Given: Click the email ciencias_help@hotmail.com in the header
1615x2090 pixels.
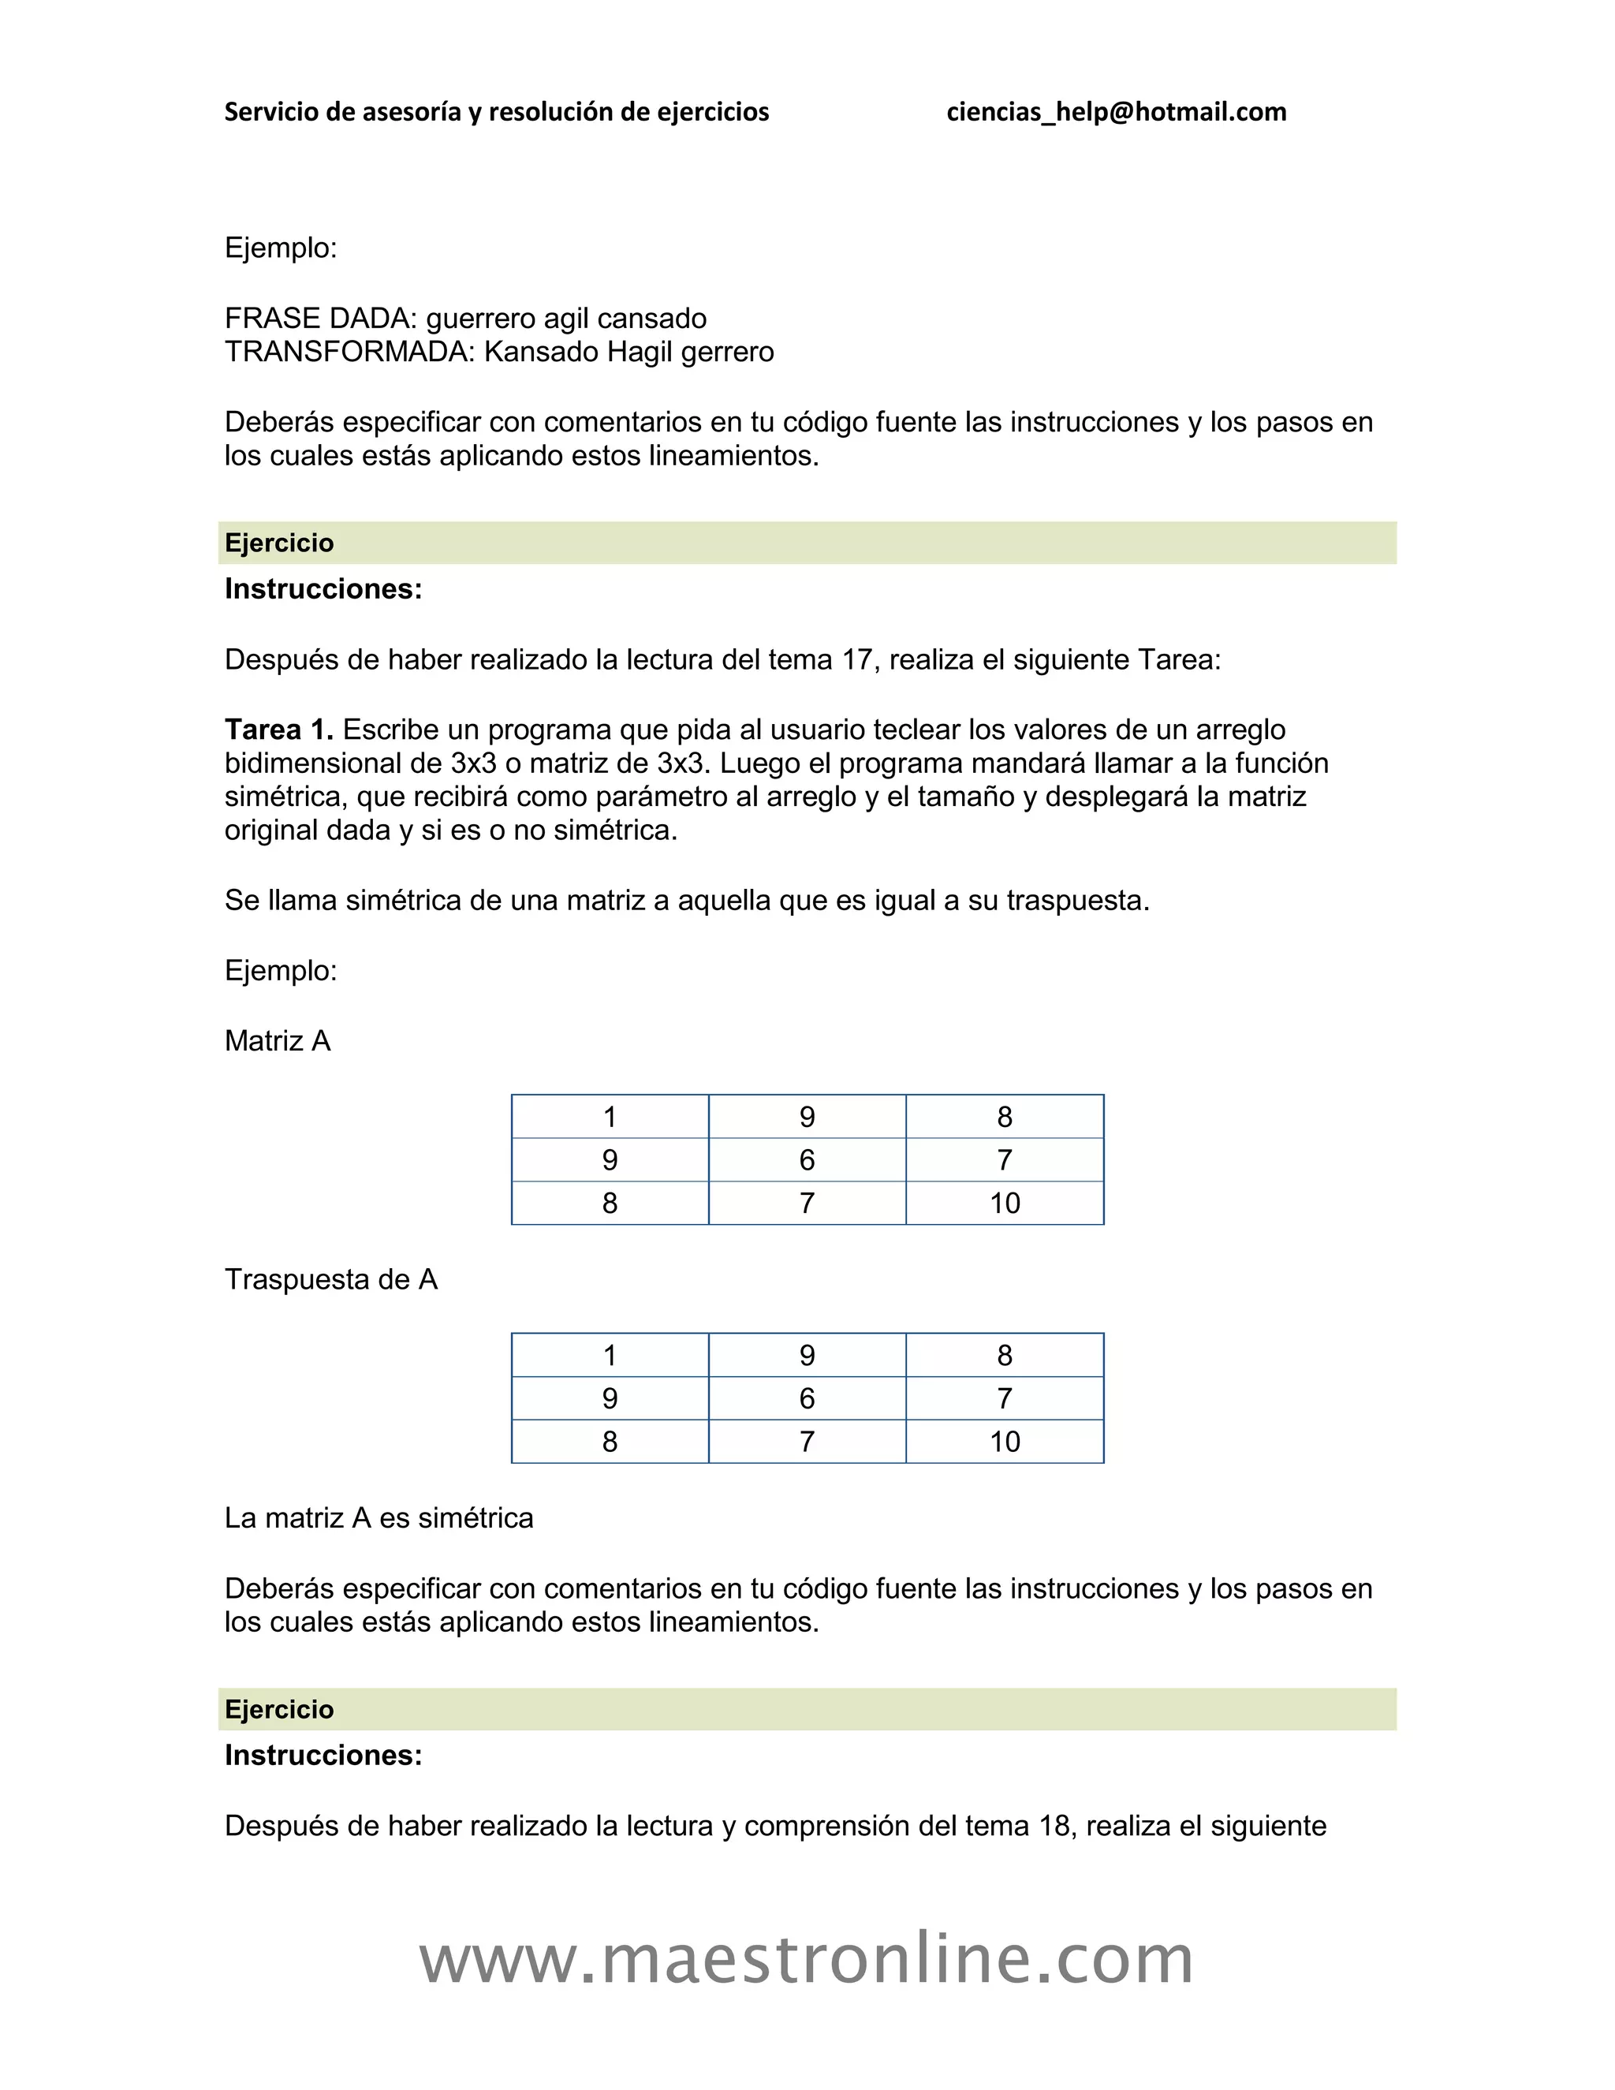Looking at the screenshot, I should (1116, 112).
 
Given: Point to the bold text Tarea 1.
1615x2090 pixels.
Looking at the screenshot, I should (278, 730).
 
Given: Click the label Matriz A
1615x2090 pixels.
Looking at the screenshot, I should (278, 1041).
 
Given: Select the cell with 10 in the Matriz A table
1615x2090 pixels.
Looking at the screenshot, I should (1005, 1203).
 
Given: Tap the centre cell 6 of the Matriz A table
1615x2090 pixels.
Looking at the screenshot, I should (807, 1160).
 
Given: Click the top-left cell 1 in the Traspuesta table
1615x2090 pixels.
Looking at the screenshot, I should (610, 1355).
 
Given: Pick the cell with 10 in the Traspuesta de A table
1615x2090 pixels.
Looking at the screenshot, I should (1005, 1441).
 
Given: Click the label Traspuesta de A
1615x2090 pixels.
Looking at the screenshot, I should (330, 1279).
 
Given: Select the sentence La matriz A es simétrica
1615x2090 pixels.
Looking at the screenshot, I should (379, 1517).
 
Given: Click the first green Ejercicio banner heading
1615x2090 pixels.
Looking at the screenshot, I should (279, 543).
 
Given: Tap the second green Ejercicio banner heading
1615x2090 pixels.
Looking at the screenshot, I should (279, 1709).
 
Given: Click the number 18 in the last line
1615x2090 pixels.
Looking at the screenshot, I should (1054, 1826).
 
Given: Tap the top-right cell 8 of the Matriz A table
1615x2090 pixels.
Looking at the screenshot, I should (1005, 1117).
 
